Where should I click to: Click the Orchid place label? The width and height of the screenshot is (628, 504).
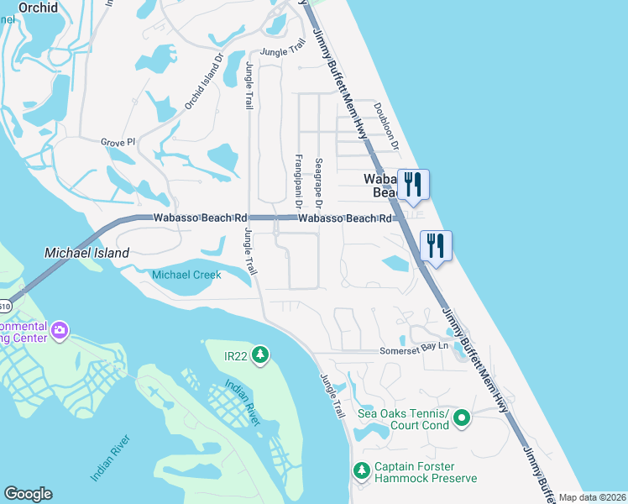click(x=39, y=8)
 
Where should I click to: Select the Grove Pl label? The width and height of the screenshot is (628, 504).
click(x=118, y=143)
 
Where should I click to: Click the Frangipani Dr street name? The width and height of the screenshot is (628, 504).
click(x=297, y=181)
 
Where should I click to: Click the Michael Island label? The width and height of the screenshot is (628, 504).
click(x=86, y=252)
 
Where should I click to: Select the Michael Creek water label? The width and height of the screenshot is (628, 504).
click(x=186, y=275)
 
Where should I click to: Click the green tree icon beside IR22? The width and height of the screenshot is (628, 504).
click(x=260, y=355)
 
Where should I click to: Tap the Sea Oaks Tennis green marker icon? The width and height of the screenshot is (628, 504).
click(x=461, y=417)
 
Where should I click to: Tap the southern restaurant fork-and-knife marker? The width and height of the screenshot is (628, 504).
click(x=435, y=244)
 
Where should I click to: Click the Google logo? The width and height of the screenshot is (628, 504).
click(x=28, y=494)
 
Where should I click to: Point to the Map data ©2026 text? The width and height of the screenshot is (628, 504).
click(x=592, y=497)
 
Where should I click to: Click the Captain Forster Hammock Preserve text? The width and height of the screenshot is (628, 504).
click(x=426, y=473)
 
